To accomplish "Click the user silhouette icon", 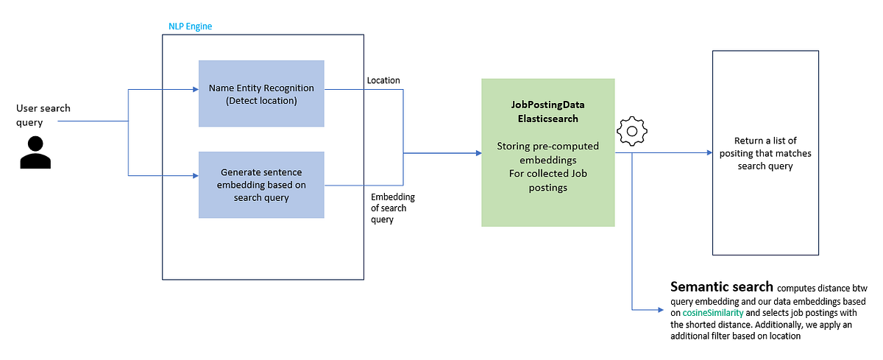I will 35,152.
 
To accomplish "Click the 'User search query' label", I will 43,115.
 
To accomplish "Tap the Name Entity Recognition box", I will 261,93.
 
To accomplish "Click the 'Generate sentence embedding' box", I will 261,184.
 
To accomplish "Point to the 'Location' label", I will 383,80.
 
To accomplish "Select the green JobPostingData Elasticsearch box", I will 547,152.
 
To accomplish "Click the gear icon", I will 631,130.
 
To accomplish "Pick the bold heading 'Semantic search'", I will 721,286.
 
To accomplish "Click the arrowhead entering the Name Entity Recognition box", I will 195,90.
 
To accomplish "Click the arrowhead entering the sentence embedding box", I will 195,176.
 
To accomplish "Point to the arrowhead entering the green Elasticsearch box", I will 478,153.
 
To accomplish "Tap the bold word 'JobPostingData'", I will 547,105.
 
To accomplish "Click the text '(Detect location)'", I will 261,100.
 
